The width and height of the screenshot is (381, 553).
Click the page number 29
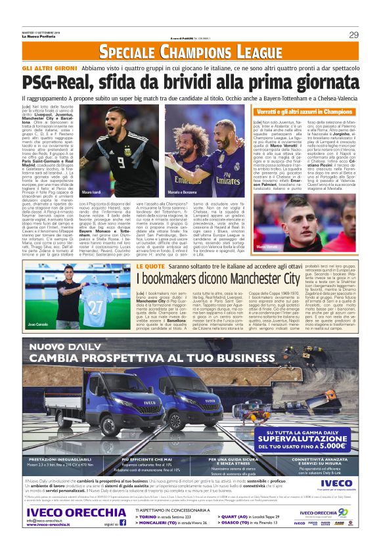353,35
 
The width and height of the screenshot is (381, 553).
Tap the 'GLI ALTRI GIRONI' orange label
45,69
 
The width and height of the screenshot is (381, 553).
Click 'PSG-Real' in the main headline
58,83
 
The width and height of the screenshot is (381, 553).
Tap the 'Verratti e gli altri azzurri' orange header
302,112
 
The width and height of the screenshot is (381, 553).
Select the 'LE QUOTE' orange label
150,266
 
